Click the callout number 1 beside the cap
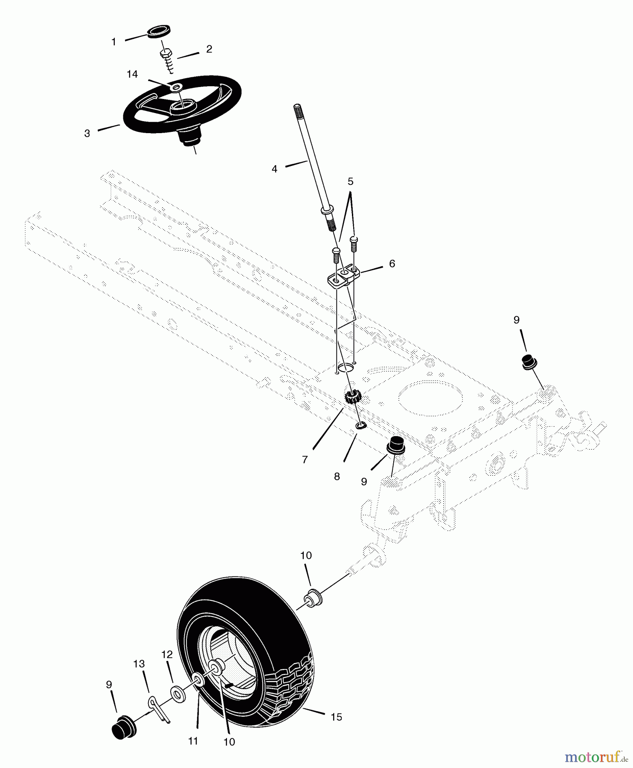pos(113,42)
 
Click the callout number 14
pos(132,74)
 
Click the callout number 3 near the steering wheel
pos(87,134)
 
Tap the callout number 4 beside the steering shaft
pos(274,169)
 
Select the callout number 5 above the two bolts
pos(351,181)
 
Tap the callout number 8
pos(337,477)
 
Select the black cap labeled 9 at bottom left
pos(123,726)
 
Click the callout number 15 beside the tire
pos(336,717)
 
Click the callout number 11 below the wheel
pos(193,741)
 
